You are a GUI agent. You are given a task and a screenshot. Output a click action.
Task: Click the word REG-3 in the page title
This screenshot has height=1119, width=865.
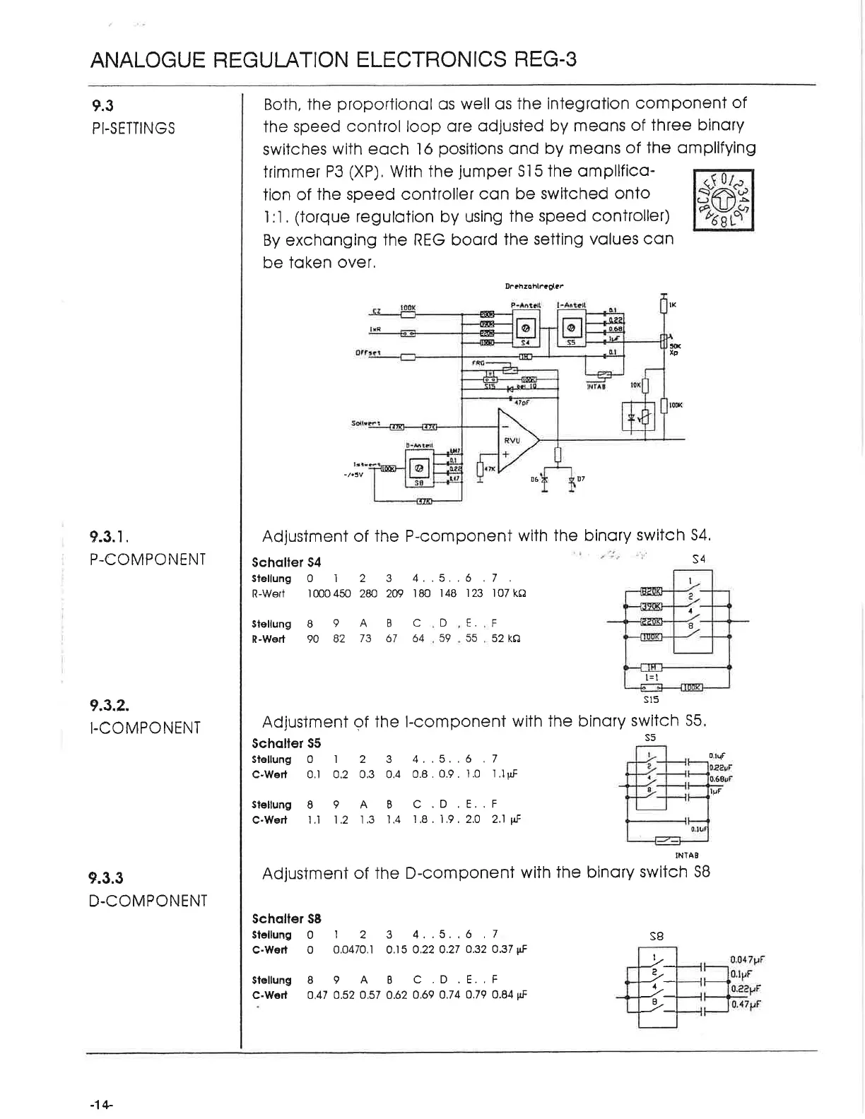tap(541, 59)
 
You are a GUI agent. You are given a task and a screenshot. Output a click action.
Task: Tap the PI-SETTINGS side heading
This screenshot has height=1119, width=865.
tap(133, 129)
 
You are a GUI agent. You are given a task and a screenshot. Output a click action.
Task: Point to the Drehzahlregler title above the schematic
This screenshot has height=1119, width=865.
tap(534, 287)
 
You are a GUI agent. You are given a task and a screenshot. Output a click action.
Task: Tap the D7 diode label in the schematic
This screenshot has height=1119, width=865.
tap(580, 479)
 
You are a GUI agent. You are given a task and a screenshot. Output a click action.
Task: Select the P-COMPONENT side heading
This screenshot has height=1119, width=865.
tap(148, 559)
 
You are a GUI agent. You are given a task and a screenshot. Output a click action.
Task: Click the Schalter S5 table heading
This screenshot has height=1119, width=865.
tap(286, 743)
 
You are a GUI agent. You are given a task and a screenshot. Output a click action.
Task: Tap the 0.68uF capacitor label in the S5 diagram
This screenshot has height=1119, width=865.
tap(722, 780)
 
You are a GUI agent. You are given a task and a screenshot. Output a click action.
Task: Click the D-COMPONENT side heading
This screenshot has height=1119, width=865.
tap(148, 901)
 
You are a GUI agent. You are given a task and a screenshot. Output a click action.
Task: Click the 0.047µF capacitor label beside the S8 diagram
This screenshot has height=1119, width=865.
tap(748, 959)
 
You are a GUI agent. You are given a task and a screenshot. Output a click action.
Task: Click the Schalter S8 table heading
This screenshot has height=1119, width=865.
tap(286, 918)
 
